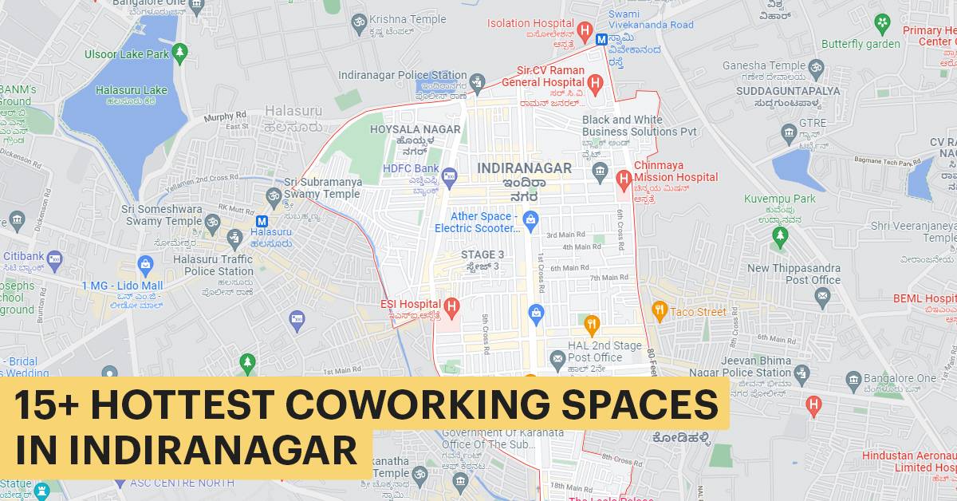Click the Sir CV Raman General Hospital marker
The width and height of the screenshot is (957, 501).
coord(595,82)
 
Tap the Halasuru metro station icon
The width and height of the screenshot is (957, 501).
coord(262,221)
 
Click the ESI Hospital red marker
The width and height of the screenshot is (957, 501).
coord(451,305)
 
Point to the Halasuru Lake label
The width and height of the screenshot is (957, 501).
coord(131,90)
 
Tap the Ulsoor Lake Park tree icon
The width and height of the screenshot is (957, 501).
coord(180,53)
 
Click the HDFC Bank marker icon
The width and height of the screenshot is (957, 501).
coord(449,175)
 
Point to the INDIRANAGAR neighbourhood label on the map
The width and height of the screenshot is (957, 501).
coord(524,168)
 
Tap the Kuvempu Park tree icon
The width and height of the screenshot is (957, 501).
coord(780,235)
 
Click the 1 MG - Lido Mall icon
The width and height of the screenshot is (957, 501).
coord(145,263)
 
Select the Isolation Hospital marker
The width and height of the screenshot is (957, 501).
coord(585,32)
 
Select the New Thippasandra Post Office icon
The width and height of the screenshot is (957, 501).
coord(822,297)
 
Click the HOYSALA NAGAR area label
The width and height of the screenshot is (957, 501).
coord(415,129)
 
